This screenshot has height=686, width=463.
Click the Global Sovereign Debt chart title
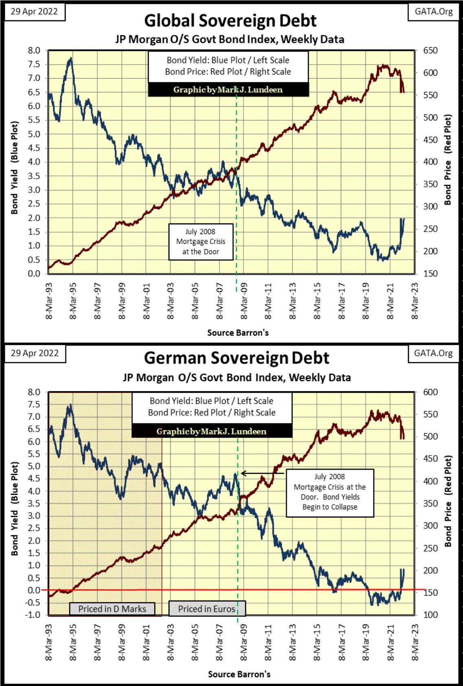point(230,21)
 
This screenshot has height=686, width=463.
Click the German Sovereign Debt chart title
point(236,358)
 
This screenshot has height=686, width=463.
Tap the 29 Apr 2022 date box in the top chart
point(34,11)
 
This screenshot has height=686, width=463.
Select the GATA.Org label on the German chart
point(433,353)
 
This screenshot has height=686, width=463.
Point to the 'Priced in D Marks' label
point(112,609)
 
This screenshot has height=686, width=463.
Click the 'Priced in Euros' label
point(206,609)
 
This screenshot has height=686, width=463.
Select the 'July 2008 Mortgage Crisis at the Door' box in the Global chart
point(200,241)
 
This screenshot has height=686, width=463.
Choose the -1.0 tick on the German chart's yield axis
point(33,615)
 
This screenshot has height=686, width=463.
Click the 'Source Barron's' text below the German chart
point(239,674)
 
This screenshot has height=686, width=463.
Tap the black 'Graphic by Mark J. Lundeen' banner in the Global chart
point(228,90)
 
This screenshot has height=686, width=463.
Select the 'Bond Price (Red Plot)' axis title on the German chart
point(448,501)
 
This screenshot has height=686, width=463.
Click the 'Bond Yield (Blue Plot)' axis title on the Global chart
point(15,167)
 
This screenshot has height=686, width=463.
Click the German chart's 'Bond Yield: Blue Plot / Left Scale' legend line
point(211,401)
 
